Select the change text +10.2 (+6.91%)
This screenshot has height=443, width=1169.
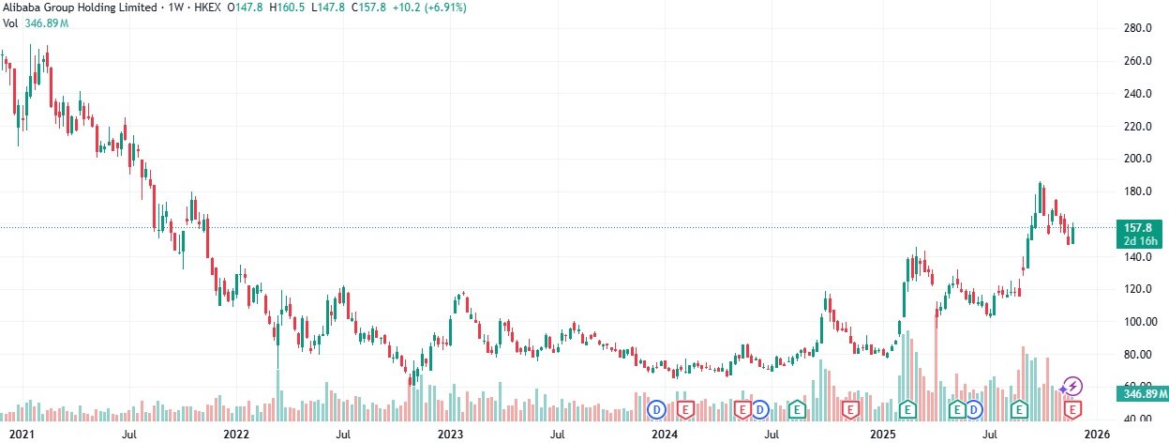(432, 8)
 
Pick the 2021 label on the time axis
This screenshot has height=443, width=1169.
(20, 435)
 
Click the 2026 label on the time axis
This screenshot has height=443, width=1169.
(1098, 435)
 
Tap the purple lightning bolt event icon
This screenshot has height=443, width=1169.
(1074, 386)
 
